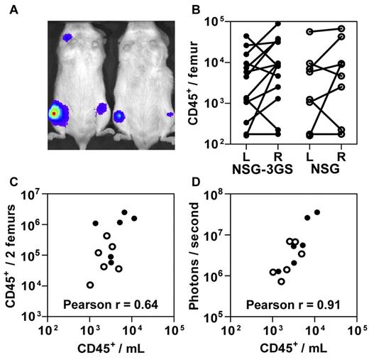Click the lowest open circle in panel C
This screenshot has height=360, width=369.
coord(89,285)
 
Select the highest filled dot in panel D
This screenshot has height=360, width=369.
coord(317,212)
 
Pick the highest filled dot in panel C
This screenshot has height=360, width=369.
coord(124,212)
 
